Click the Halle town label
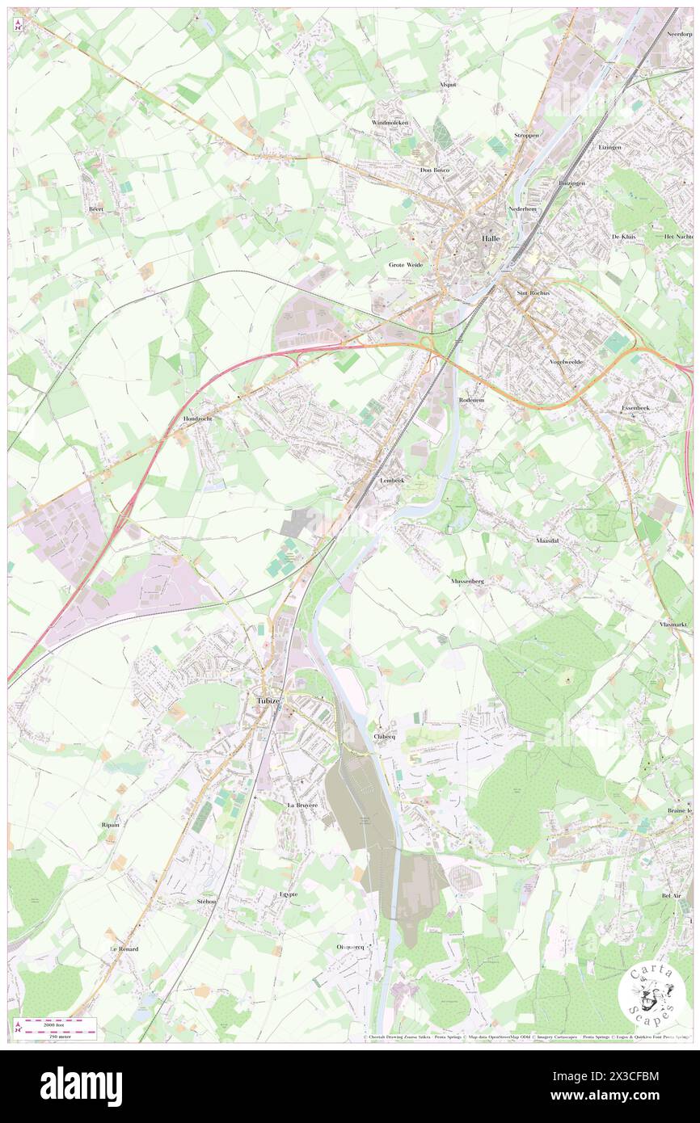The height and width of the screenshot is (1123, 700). point(491,239)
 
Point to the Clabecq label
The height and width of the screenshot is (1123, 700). point(385,736)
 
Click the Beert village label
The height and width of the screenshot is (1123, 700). point(97,208)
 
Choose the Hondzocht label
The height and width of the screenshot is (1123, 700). point(197,419)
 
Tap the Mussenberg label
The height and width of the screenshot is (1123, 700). point(466,580)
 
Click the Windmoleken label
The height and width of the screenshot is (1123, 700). point(390,122)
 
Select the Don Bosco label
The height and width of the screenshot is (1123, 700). point(434,170)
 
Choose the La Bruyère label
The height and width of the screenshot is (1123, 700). point(302,805)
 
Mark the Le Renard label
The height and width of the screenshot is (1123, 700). point(124,948)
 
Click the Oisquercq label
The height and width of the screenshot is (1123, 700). point(352,946)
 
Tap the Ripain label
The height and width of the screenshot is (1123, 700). point(111,824)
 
